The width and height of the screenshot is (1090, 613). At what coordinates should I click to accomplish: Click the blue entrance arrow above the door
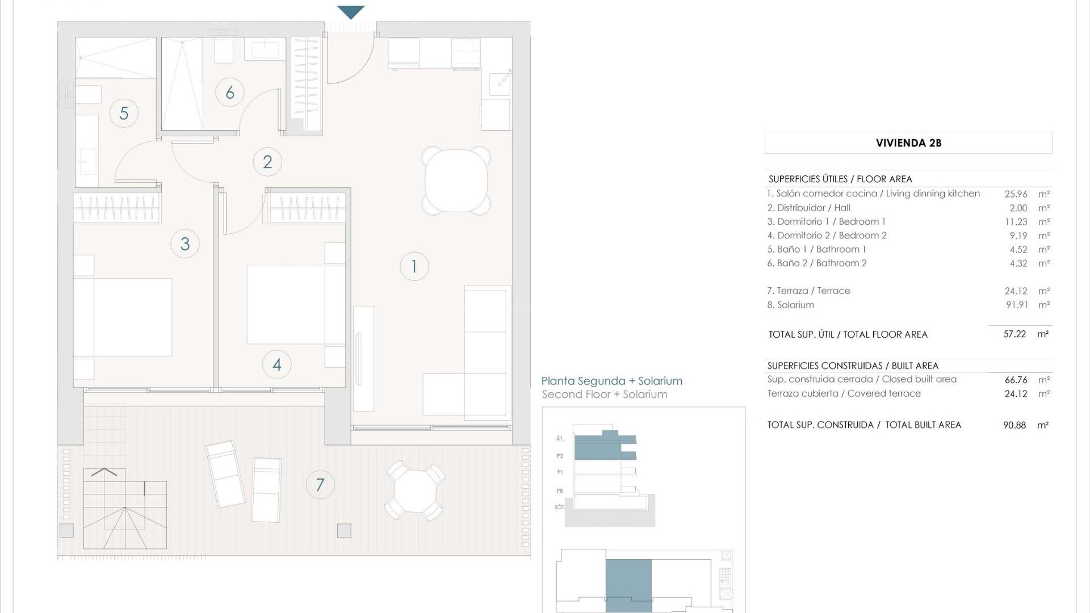point(350,11)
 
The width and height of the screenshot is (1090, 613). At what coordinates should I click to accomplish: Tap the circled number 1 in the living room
point(414,266)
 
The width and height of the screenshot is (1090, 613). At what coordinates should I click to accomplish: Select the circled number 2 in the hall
point(267,162)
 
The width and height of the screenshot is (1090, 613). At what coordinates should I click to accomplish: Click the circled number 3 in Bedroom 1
point(185,244)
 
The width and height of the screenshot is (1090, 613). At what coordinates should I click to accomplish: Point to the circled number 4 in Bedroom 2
point(277,364)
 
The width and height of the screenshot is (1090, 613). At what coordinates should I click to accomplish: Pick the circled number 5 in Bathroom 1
point(124,113)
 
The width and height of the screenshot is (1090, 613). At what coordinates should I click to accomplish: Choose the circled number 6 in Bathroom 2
point(230,93)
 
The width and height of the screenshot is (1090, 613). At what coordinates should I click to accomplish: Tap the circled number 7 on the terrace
point(320,485)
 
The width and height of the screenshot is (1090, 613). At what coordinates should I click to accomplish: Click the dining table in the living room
point(456,180)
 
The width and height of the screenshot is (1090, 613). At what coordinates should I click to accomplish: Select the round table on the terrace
point(415,490)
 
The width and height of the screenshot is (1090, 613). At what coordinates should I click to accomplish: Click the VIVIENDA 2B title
point(908,143)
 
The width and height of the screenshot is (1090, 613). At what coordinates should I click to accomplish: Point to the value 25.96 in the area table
point(1016,194)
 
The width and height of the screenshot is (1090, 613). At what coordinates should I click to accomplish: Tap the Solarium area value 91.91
point(1017,305)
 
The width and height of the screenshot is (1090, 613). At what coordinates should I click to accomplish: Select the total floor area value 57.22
point(1014,334)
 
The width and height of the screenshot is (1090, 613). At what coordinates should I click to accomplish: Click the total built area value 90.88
point(1014,425)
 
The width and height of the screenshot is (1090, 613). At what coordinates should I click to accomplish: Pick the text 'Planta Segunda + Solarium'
point(611,381)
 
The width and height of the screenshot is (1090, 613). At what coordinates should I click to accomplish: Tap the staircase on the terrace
point(125,508)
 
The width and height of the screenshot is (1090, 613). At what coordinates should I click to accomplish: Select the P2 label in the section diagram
point(560,456)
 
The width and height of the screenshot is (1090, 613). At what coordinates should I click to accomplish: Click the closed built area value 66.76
point(1016,380)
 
